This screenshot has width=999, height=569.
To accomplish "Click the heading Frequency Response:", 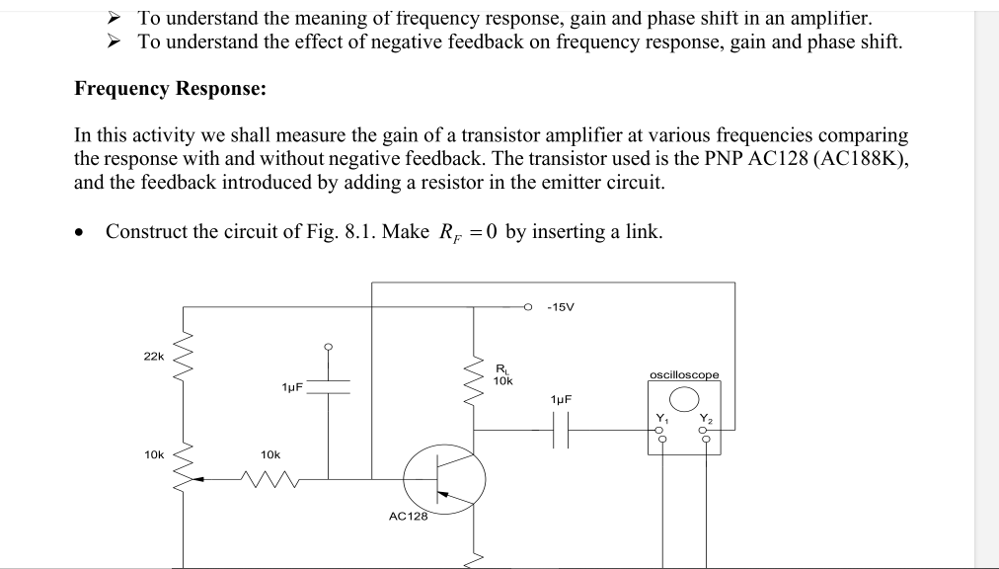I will [x=171, y=89].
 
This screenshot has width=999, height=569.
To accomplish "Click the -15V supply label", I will [x=560, y=307].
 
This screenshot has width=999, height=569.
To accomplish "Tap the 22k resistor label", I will [x=154, y=356].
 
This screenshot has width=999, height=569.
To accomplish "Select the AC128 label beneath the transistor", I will [x=408, y=516].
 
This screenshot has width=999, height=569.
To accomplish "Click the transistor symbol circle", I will [x=444, y=482].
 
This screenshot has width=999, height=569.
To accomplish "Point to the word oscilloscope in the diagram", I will [x=684, y=374].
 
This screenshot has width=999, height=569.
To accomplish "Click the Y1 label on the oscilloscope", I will [x=661, y=418].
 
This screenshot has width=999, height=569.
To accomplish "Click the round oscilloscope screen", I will [x=684, y=398].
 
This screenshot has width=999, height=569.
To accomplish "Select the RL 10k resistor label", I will [x=502, y=374].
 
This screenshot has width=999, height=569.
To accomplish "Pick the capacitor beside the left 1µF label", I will [x=329, y=385].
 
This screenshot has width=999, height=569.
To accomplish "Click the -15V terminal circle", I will [x=528, y=307].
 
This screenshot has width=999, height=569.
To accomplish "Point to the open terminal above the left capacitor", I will [x=329, y=346].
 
